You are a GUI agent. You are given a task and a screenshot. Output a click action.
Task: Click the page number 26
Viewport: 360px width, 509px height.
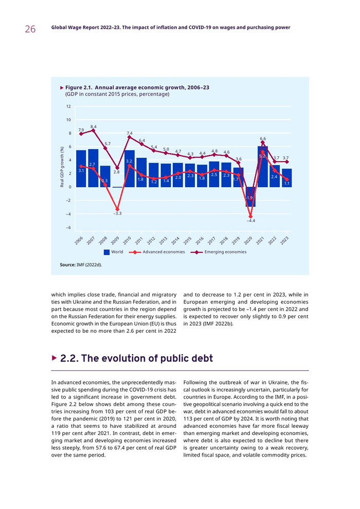pyautogui.click(x=30, y=29)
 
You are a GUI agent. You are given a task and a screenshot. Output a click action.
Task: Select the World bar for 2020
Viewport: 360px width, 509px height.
pyautogui.click(x=250, y=197)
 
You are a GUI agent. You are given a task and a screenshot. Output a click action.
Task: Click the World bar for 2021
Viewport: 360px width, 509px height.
pyautogui.click(x=263, y=167)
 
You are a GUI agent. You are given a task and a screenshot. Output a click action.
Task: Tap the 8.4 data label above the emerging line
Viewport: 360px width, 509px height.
pyautogui.click(x=94, y=126)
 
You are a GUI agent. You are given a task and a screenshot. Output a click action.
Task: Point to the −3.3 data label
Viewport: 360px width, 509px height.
pyautogui.click(x=117, y=213)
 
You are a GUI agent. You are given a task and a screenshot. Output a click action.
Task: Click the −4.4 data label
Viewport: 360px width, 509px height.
pyautogui.click(x=250, y=221)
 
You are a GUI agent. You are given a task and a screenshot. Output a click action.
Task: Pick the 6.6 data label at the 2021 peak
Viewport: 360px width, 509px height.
pyautogui.click(x=263, y=138)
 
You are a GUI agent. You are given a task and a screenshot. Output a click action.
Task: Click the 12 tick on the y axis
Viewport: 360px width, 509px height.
pyautogui.click(x=68, y=106)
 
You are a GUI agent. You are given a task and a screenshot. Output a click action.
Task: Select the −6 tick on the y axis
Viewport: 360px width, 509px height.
pyautogui.click(x=67, y=227)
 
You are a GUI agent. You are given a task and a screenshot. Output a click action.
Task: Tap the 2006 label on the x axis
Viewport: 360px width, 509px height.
pyautogui.click(x=78, y=241)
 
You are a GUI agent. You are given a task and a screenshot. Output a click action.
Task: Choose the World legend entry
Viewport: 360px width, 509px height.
pyautogui.click(x=113, y=252)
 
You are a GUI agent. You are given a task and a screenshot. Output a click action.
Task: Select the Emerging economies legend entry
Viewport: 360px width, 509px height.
pyautogui.click(x=219, y=252)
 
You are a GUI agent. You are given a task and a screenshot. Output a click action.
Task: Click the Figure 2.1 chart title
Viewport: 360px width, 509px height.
pyautogui.click(x=137, y=88)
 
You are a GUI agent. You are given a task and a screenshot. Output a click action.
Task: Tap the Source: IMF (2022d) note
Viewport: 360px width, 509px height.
pyautogui.click(x=81, y=264)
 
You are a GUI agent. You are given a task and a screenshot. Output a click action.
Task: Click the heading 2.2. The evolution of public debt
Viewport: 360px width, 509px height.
pyautogui.click(x=136, y=358)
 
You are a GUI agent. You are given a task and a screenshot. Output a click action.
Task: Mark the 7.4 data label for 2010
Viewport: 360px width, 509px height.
pyautogui.click(x=130, y=133)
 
